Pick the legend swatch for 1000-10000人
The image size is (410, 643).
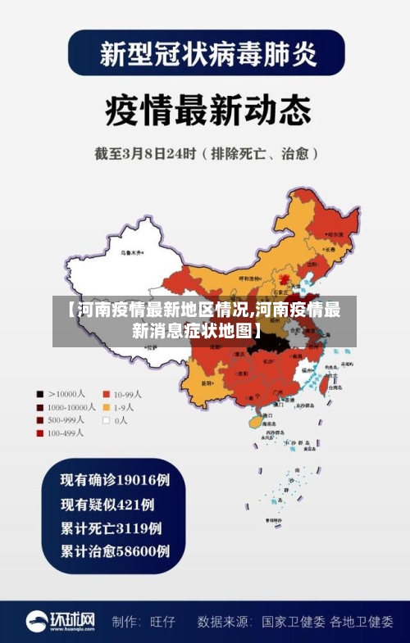[39, 406]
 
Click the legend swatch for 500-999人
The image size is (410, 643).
[39, 419]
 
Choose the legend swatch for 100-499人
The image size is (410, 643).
[39, 432]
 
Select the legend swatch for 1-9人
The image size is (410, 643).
[106, 406]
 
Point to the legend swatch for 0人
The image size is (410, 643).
[106, 419]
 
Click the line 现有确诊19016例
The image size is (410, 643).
[115, 479]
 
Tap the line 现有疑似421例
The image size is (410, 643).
[107, 504]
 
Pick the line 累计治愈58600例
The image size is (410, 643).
[115, 551]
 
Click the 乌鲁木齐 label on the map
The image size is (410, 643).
[130, 253]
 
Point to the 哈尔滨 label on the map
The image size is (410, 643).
[330, 233]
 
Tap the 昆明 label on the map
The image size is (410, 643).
[207, 382]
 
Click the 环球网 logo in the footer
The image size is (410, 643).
[61, 621]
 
